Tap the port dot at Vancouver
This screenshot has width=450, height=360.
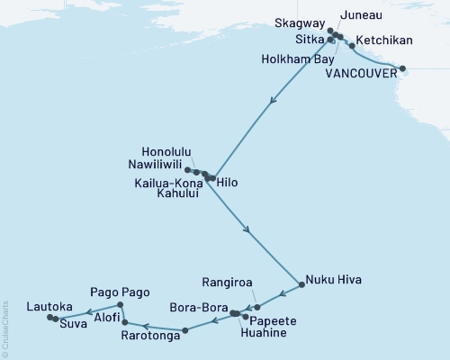(402, 68)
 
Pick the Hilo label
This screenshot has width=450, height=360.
(229, 182)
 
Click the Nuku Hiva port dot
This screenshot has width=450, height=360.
(301, 281)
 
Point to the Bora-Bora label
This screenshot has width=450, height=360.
(196, 308)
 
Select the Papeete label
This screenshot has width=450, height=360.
(271, 319)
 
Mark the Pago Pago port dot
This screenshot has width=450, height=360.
(121, 304)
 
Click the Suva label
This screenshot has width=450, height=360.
(75, 323)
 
